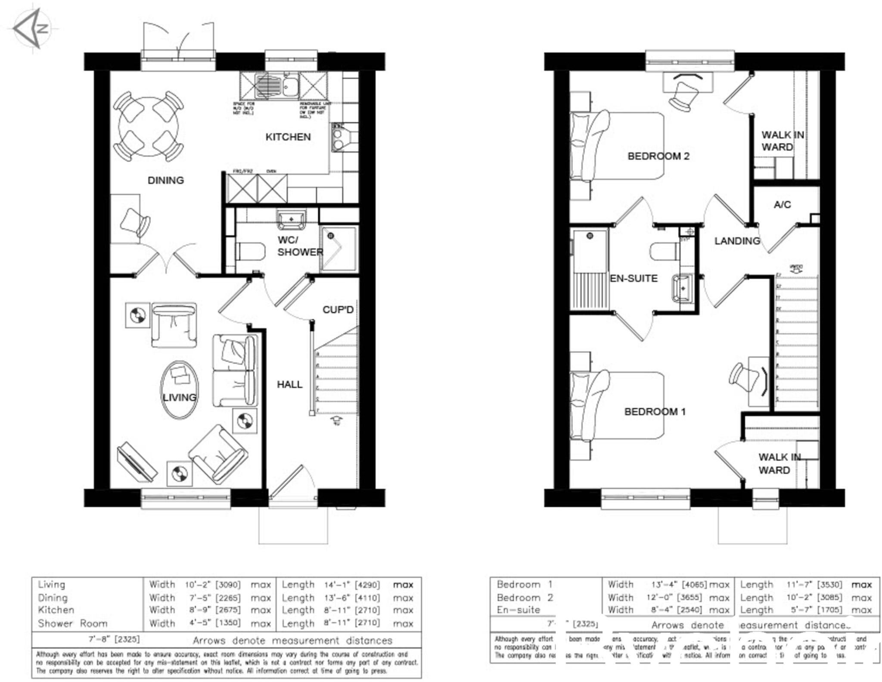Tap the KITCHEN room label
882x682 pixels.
click(x=288, y=137)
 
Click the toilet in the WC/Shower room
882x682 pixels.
click(x=250, y=251)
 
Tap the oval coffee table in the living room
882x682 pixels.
click(x=179, y=389)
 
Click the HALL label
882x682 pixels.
click(x=289, y=384)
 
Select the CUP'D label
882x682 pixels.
click(x=338, y=310)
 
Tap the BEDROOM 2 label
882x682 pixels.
click(x=658, y=156)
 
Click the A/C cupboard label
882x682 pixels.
click(x=782, y=205)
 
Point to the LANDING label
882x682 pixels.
click(x=737, y=241)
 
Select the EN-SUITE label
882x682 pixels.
click(x=634, y=279)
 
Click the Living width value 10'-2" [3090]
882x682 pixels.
click(x=213, y=585)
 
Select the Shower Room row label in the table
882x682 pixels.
click(x=72, y=623)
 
